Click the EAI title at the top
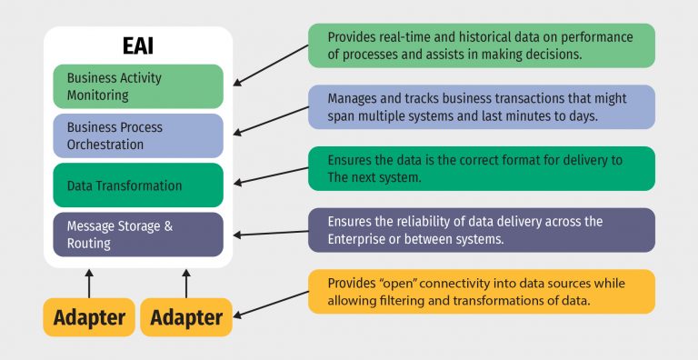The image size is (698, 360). click(138, 45)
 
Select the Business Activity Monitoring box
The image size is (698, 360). click(138, 86)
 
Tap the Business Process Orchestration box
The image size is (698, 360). click(138, 136)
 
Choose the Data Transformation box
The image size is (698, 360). click(138, 185)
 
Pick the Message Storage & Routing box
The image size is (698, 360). click(138, 235)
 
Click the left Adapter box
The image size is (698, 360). click(88, 317)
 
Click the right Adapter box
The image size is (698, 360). click(186, 317)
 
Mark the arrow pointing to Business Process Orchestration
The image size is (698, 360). click(270, 124)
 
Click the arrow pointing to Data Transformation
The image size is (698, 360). click(270, 175)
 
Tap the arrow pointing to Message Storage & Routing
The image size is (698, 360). click(270, 233)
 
